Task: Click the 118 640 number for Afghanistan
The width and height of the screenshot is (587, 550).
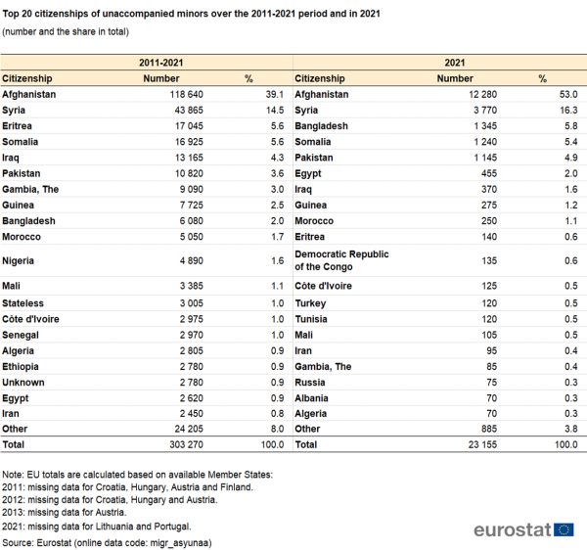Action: point(187,94)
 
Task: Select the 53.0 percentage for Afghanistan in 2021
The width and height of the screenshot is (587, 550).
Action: point(568,94)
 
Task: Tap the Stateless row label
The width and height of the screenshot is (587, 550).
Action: point(23,303)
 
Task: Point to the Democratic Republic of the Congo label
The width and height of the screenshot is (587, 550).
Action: point(341,260)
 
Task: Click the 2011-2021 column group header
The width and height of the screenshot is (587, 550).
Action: point(161,63)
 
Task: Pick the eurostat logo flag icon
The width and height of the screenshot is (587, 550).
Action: point(564,529)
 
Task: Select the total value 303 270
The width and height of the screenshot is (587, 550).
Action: point(187,444)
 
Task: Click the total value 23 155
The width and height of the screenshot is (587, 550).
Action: point(482,444)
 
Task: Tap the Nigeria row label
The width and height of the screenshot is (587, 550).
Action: point(18,260)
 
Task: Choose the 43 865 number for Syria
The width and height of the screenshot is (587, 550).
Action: point(189,110)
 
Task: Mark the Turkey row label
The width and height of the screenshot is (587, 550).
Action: point(310,303)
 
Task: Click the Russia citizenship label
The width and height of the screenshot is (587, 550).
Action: point(310,383)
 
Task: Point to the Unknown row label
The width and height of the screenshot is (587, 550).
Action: point(23,383)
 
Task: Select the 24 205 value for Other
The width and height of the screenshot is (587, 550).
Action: point(189,429)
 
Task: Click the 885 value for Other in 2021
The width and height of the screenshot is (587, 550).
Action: point(489,429)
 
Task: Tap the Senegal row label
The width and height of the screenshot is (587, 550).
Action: point(21,335)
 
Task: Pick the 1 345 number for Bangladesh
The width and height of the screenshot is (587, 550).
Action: point(485,126)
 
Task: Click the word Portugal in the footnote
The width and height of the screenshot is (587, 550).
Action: point(174,527)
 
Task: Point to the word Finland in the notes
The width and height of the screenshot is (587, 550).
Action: point(237,487)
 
